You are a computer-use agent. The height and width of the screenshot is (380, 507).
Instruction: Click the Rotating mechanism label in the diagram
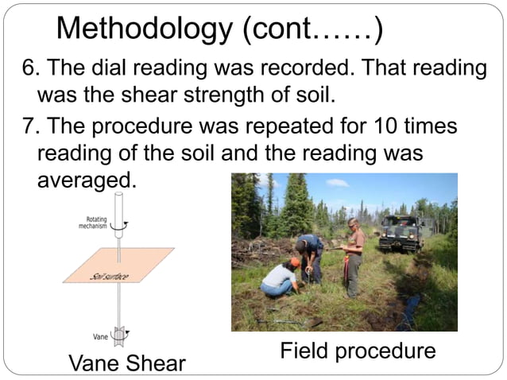(93, 223)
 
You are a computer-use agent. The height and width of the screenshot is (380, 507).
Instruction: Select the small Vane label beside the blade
(100, 336)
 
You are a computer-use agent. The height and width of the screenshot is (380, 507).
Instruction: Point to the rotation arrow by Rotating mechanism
(119, 225)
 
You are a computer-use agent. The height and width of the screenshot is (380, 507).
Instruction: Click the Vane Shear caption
(127, 363)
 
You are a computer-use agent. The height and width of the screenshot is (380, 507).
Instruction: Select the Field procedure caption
(358, 351)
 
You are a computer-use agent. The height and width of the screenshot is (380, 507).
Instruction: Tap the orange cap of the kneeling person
(295, 262)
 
